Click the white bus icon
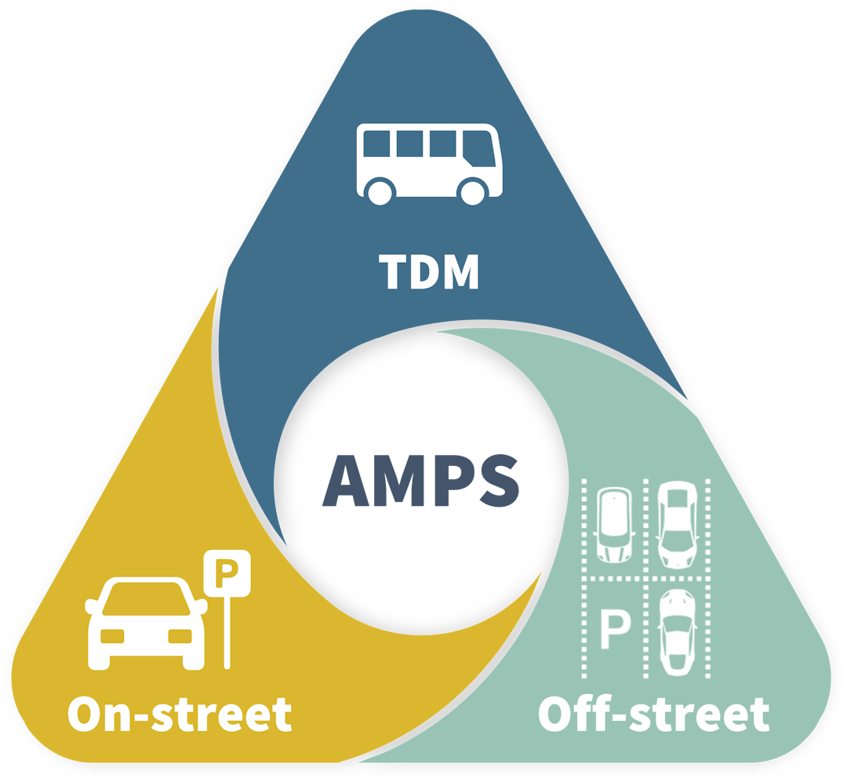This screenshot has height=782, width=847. (x=429, y=163)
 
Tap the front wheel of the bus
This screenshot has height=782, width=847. (x=473, y=191)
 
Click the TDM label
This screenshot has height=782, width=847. (x=429, y=271)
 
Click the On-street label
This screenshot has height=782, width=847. (x=180, y=715)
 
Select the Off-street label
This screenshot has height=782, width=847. (x=653, y=715)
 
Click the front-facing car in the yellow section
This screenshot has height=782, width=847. (x=146, y=624)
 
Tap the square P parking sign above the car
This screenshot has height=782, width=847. (x=227, y=572)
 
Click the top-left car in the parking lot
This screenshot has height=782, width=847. (x=615, y=524)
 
